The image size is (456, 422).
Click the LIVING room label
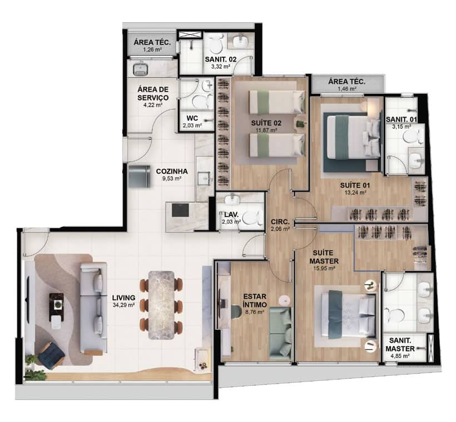coord(124,298)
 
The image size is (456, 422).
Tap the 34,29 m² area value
coord(123,305)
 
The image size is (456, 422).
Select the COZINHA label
coord(172,172)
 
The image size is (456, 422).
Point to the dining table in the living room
coord(161,305)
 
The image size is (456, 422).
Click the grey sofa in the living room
coord(93,308)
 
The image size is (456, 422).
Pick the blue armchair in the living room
coord(51,355)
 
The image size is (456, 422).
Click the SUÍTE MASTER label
coord(324,257)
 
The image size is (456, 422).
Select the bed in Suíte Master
coord(348,315)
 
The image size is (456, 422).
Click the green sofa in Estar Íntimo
coord(281,333)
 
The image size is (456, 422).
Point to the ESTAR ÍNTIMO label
coord(255,300)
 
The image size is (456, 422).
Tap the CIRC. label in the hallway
coord(280,222)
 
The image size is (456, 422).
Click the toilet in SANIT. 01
coord(413,136)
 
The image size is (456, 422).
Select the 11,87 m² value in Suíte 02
coord(266,130)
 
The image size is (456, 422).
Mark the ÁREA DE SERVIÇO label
coord(153,93)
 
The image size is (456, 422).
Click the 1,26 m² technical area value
coord(152,49)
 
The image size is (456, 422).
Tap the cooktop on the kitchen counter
coord(180,210)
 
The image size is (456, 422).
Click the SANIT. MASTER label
coord(400,344)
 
